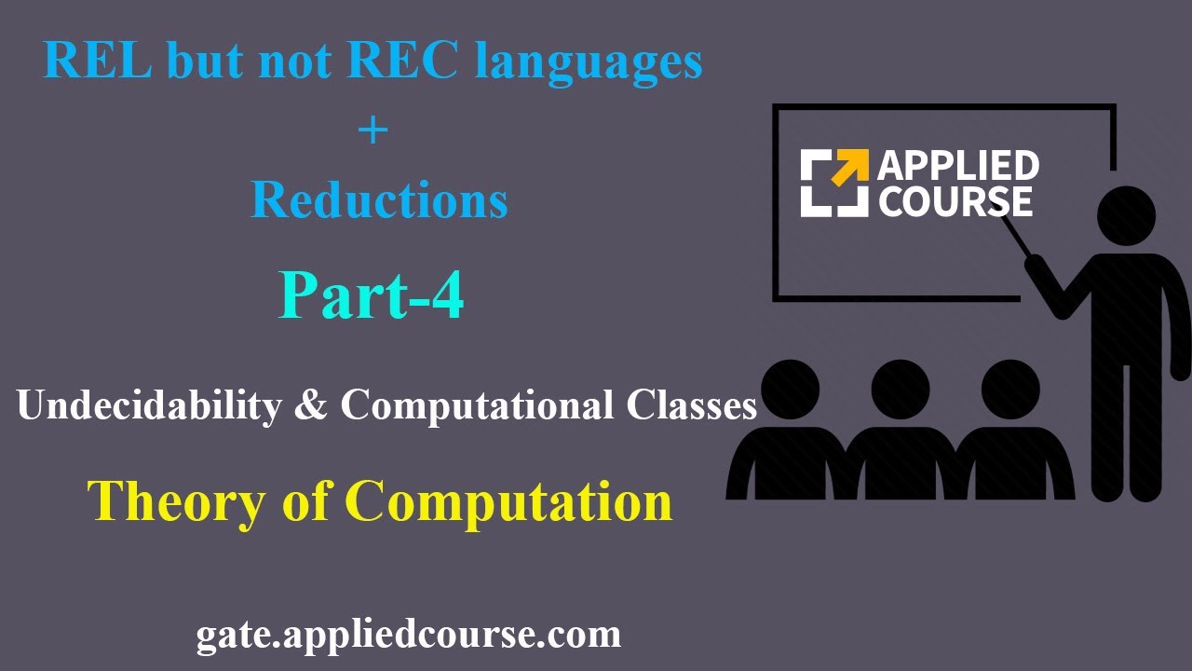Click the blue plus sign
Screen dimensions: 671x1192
click(x=372, y=130)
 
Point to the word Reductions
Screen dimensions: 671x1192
click(x=379, y=199)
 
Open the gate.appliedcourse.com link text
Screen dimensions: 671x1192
click(x=408, y=636)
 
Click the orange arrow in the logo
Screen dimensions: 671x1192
click(x=849, y=170)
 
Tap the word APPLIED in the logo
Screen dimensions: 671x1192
click(x=958, y=167)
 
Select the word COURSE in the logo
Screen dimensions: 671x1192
click(x=955, y=201)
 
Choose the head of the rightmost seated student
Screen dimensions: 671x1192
click(x=1010, y=390)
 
